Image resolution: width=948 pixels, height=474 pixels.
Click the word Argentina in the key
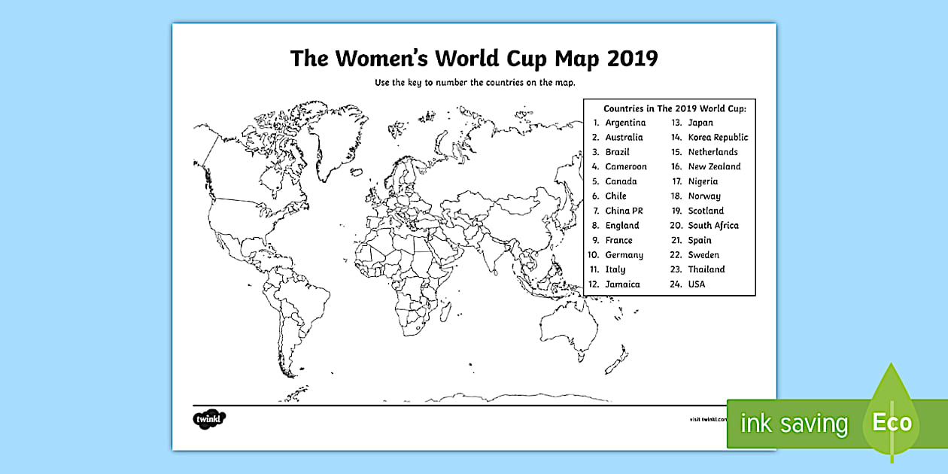[x=625, y=123]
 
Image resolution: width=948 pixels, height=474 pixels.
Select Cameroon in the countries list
[x=625, y=166]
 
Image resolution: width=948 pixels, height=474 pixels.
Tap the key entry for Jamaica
[x=622, y=284]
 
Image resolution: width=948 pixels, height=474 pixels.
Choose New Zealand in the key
[x=714, y=166]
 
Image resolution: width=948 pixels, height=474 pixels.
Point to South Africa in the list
[x=713, y=225]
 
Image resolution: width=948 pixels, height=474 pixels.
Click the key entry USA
[x=697, y=284]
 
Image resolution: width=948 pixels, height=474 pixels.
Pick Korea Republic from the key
[x=718, y=137]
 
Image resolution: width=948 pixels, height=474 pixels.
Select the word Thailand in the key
[x=706, y=269]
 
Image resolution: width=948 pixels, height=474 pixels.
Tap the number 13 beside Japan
[x=676, y=123]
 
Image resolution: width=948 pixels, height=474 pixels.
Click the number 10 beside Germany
[x=593, y=255]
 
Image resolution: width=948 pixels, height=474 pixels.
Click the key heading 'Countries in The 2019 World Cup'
[x=669, y=108]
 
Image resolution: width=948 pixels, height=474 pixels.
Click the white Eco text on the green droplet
[x=892, y=421]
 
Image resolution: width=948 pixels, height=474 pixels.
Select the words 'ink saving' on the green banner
[x=794, y=424]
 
